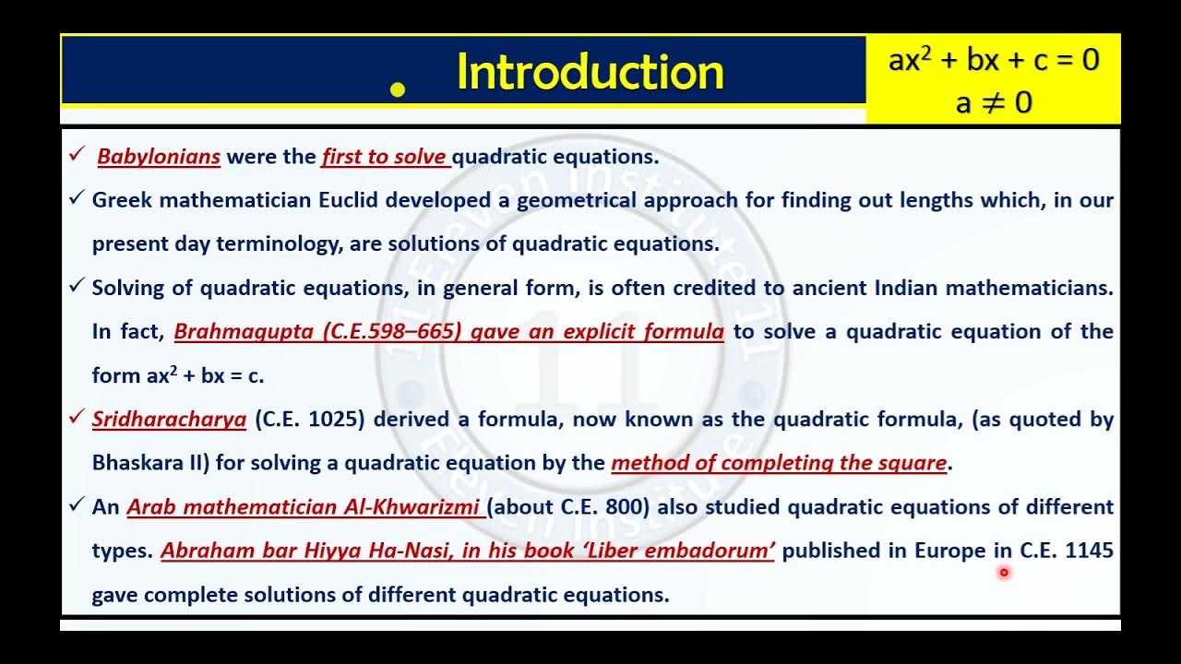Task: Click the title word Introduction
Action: pos(590,72)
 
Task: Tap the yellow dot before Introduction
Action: pos(399,89)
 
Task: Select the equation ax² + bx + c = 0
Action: pos(994,60)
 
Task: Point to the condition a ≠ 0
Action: pos(994,101)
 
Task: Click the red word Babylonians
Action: pos(159,157)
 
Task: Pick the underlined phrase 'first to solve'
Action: pos(385,157)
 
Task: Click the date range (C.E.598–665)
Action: pos(392,332)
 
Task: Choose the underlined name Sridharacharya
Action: pos(169,420)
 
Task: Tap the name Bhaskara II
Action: pos(151,463)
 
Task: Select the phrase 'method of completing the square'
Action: pos(779,463)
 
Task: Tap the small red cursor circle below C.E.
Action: pos(1004,573)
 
